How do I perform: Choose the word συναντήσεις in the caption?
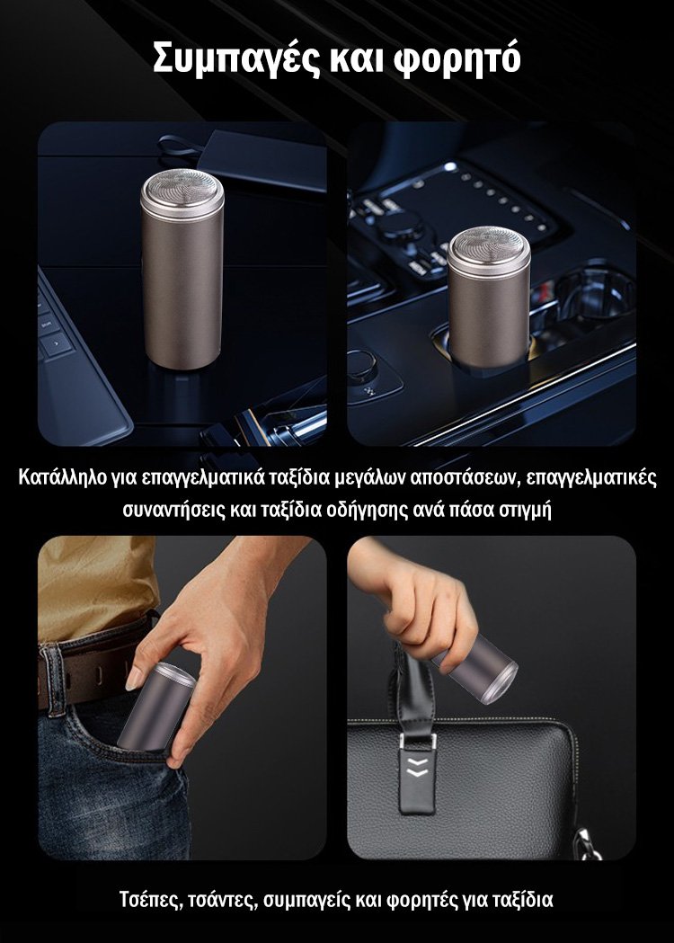coord(173,510)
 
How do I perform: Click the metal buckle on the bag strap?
coord(419,741)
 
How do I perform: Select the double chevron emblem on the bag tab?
coord(418,768)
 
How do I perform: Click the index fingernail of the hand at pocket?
coord(134,680)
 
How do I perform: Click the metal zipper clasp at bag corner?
coord(586,842)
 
